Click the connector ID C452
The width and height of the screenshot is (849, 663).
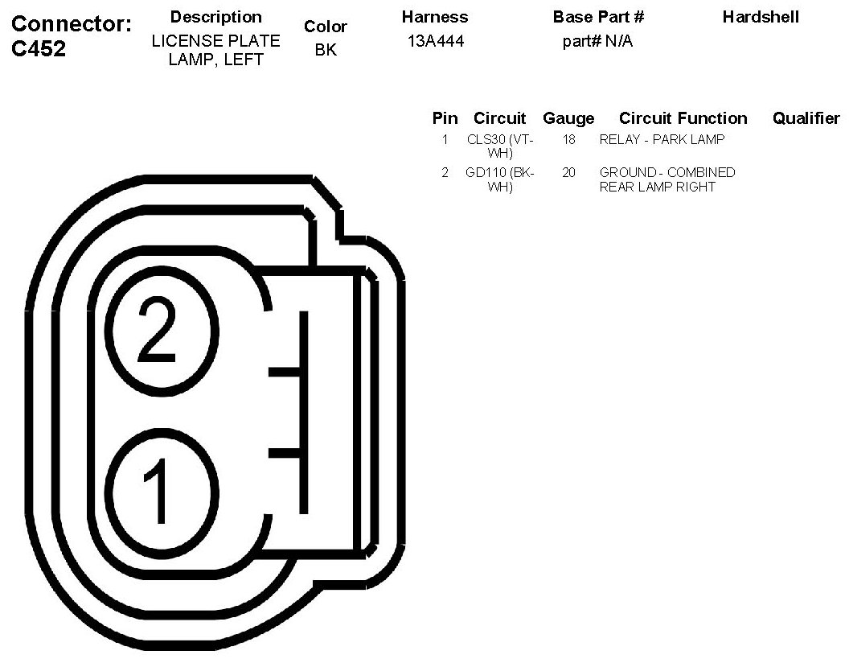click(x=39, y=49)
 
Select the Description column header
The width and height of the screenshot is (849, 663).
click(x=216, y=18)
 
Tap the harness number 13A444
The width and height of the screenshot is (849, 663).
click(x=436, y=41)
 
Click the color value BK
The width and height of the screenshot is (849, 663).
click(x=326, y=50)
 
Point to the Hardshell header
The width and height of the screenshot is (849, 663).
click(x=761, y=17)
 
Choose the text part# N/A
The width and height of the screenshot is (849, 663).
click(x=598, y=41)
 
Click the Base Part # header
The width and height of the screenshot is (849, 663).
click(x=598, y=17)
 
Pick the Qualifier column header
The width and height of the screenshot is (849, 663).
click(x=806, y=118)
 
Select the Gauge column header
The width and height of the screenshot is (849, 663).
click(x=568, y=118)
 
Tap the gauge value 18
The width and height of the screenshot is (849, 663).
click(x=568, y=140)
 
